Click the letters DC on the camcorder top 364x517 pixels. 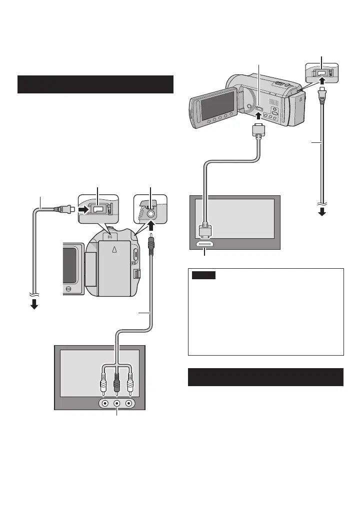point(111,232)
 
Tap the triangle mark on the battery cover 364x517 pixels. point(114,251)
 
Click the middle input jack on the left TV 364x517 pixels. point(117,403)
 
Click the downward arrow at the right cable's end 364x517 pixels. point(322,211)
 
